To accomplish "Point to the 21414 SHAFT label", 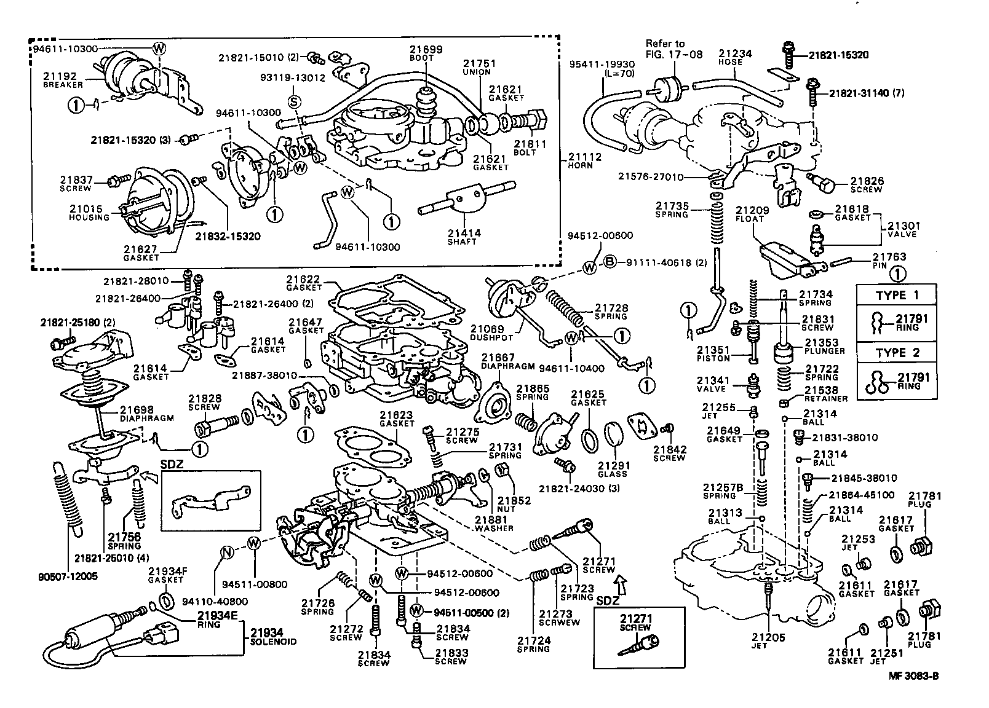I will pos(464,237).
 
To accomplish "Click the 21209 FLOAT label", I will pos(750,214).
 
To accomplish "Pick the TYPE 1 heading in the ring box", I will pos(897,295).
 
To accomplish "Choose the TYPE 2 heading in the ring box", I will pos(897,353).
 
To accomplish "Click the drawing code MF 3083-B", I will pos(913,676).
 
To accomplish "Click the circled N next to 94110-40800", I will pos(227,553).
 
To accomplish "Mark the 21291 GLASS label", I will pos(612,470).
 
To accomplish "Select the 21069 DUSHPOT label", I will pos(487,334).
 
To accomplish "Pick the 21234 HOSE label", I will pos(735,58).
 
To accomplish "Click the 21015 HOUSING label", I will pos(89,213).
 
